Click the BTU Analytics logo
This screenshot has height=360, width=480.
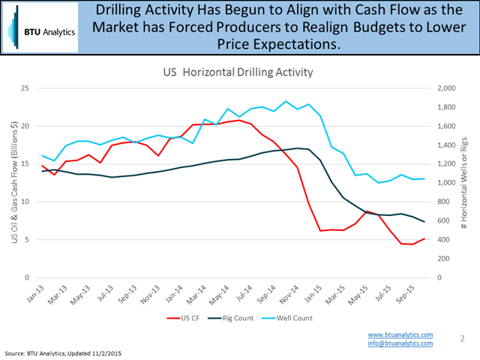pyautogui.click(x=39, y=31)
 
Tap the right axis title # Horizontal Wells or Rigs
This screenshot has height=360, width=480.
pyautogui.click(x=467, y=183)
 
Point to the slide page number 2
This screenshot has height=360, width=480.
pyautogui.click(x=463, y=339)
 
